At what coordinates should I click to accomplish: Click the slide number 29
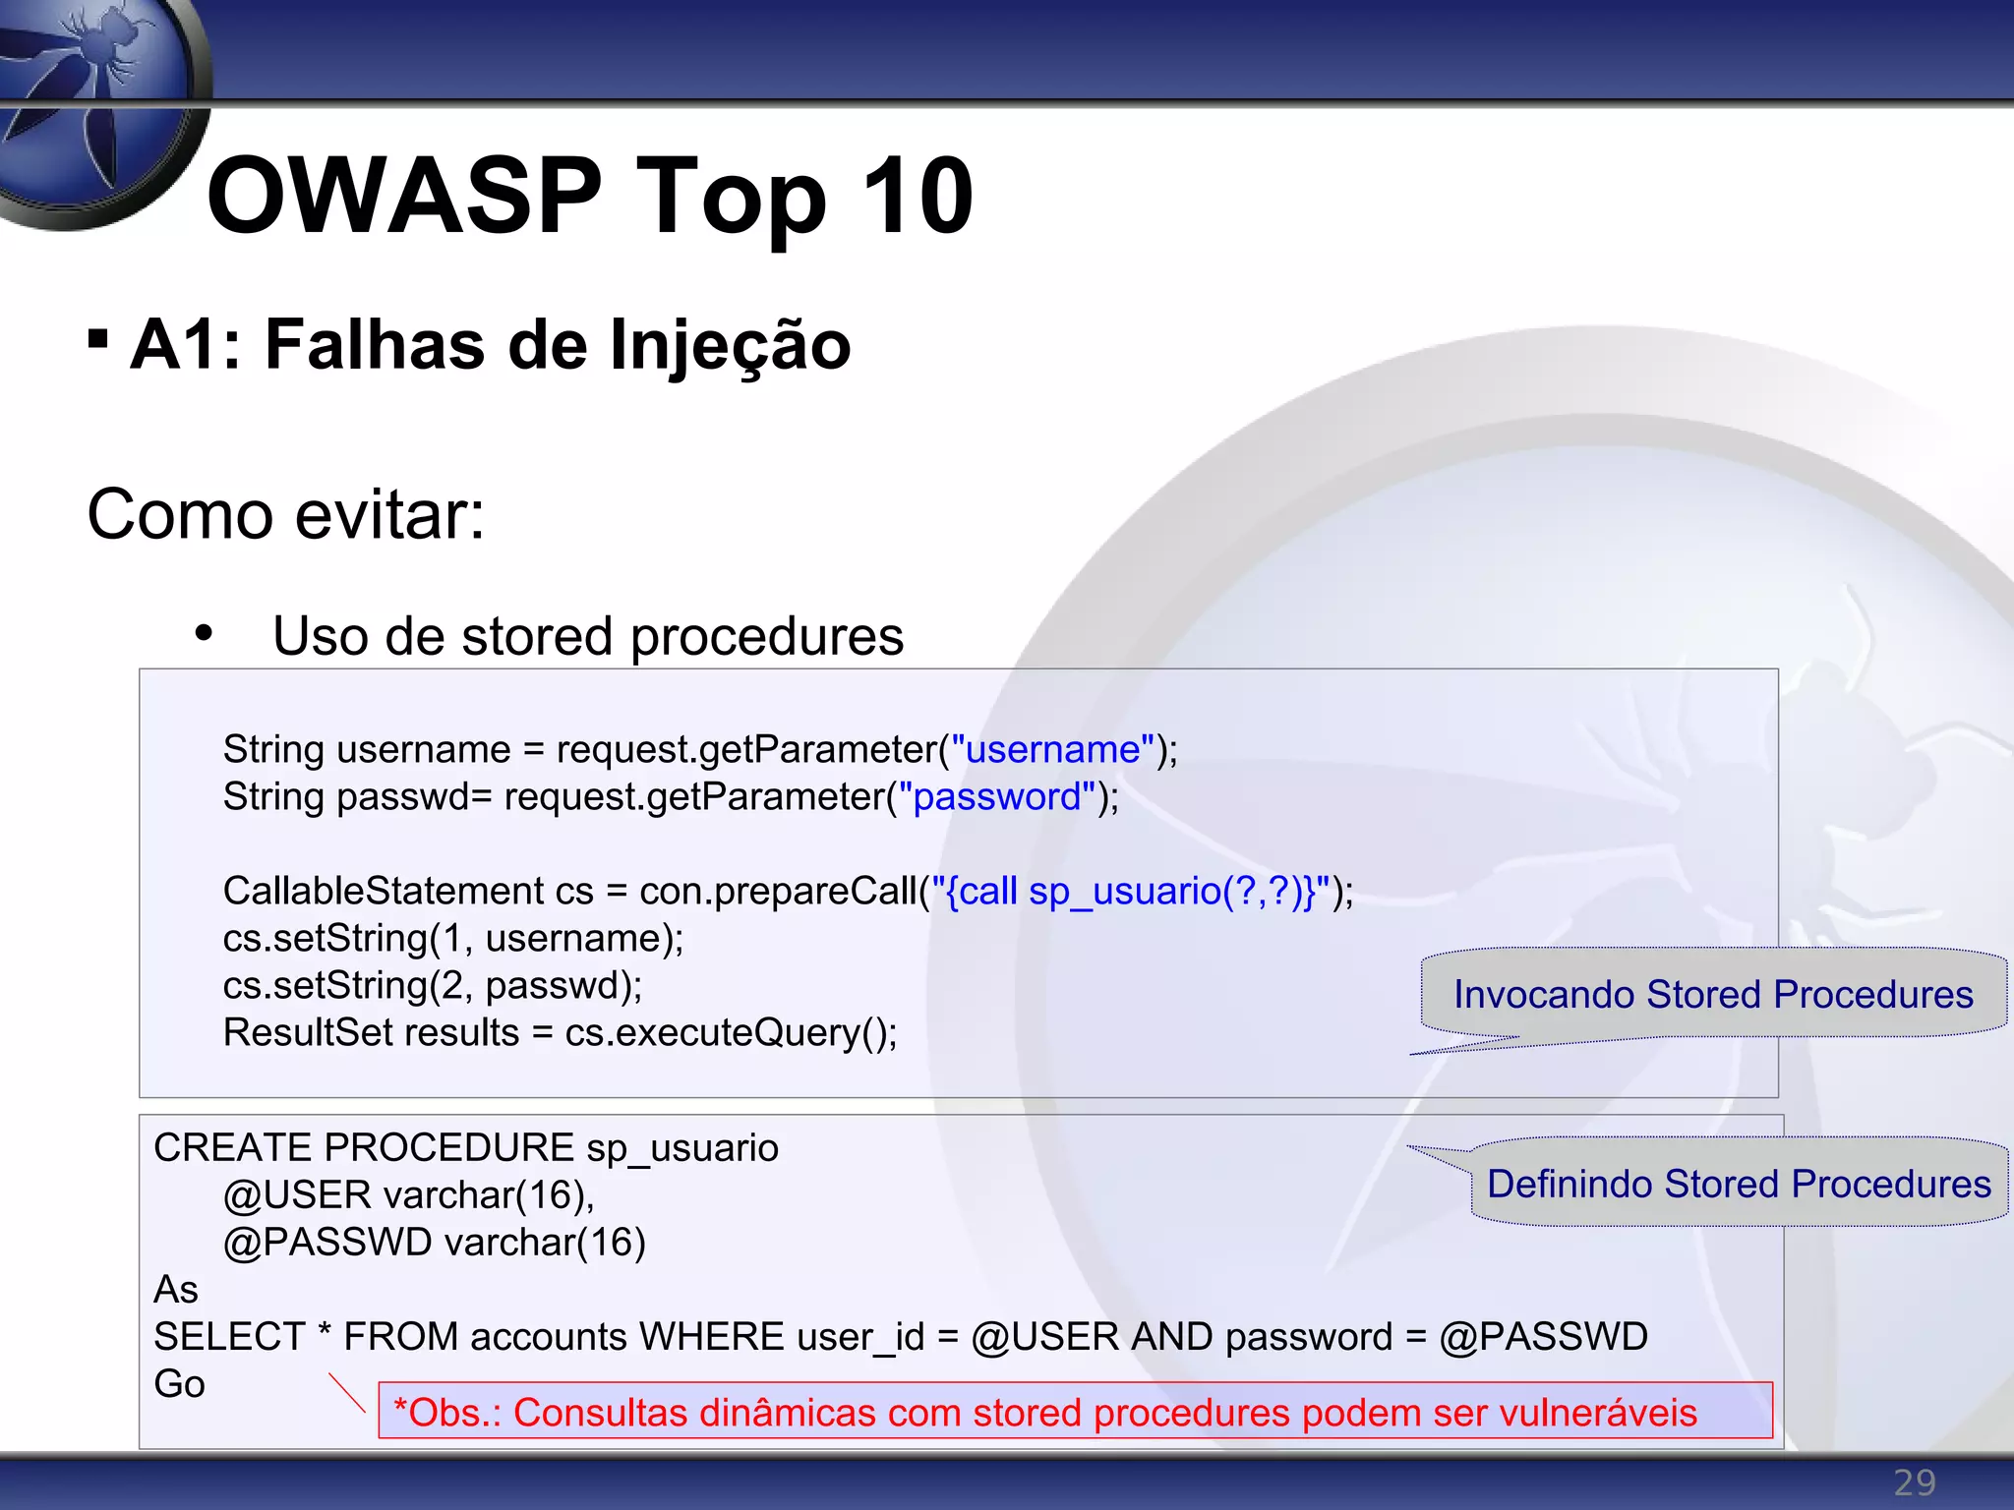pyautogui.click(x=1914, y=1482)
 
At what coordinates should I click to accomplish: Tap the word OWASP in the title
pyautogui.click(x=404, y=197)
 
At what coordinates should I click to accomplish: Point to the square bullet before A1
pyautogui.click(x=97, y=339)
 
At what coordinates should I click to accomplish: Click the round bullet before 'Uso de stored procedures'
pyautogui.click(x=204, y=634)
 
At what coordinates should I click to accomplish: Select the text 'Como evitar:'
pyautogui.click(x=286, y=514)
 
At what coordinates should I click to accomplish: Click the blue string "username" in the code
pyautogui.click(x=1052, y=750)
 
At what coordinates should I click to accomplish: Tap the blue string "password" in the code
pyautogui.click(x=997, y=797)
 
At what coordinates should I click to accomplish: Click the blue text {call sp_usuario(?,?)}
pyautogui.click(x=1130, y=892)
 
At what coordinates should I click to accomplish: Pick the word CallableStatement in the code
pyautogui.click(x=383, y=892)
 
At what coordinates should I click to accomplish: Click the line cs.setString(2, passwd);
pyautogui.click(x=433, y=986)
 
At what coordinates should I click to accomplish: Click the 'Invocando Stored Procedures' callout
pyautogui.click(x=1713, y=995)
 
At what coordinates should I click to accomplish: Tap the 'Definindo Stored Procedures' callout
pyautogui.click(x=1739, y=1184)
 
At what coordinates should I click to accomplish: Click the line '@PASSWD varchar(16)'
pyautogui.click(x=434, y=1243)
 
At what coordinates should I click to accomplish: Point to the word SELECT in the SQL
pyautogui.click(x=230, y=1337)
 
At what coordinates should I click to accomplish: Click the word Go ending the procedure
pyautogui.click(x=179, y=1384)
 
